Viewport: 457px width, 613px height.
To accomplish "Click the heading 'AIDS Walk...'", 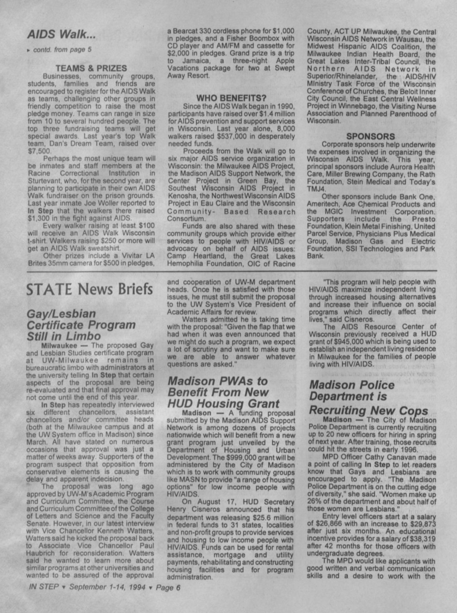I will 61,35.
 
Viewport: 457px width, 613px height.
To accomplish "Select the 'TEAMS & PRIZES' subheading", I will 91,68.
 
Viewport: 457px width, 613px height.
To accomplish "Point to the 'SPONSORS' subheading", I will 370,136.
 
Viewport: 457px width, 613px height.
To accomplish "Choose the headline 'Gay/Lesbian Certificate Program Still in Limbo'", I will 81,325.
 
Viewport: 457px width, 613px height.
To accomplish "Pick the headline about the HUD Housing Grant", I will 223,392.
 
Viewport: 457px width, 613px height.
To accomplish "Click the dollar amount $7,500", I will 39,151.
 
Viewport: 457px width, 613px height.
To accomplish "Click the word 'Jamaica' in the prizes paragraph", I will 196,60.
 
